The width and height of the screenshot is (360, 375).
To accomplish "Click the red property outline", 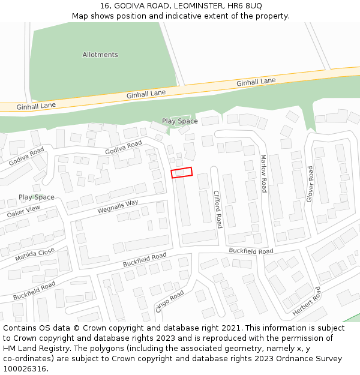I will (x=181, y=173).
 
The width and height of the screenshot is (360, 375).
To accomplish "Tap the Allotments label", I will (x=100, y=55).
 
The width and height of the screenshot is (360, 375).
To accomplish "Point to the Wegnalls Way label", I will (x=118, y=207).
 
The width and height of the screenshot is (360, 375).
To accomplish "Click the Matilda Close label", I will (x=35, y=254).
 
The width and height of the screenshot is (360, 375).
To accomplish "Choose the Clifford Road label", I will (x=218, y=209).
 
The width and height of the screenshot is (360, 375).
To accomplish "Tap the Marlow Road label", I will (x=263, y=173).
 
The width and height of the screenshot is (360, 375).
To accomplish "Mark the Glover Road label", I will (x=310, y=184).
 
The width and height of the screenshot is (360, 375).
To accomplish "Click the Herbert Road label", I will (x=307, y=302).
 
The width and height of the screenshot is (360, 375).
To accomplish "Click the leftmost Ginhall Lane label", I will (x=36, y=106).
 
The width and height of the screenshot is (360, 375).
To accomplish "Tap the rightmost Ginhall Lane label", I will (x=256, y=82).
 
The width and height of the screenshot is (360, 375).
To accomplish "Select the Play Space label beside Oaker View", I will (x=36, y=197).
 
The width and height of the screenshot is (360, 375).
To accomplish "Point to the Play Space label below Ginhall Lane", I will (x=179, y=121).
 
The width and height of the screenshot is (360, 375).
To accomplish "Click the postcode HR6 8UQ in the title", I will (x=246, y=5).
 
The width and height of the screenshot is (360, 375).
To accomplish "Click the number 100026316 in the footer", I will (x=26, y=369).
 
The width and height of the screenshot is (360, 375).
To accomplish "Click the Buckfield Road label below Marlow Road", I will (x=251, y=251).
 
